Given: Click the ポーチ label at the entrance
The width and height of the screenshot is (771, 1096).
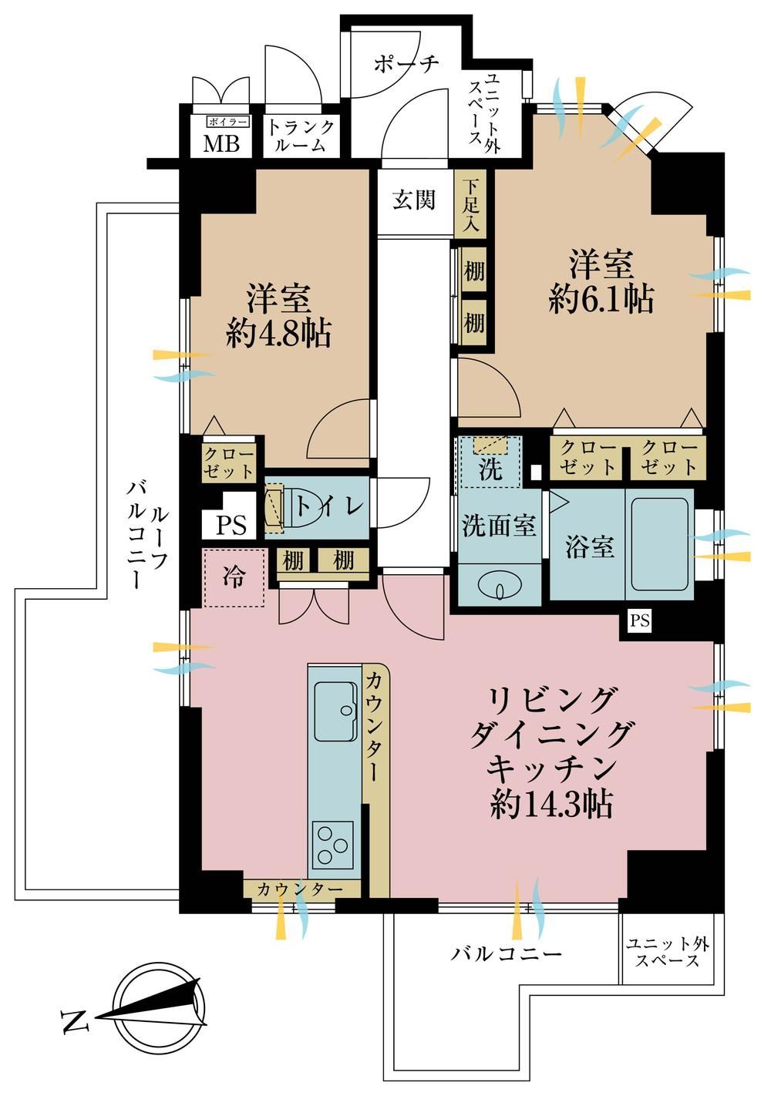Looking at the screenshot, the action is pos(406,64).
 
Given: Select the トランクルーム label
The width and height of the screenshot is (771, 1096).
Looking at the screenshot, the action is pos(301,136).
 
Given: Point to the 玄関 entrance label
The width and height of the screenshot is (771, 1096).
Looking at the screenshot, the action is pos(414,200).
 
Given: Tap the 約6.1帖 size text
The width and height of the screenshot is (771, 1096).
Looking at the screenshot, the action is pos(601,299).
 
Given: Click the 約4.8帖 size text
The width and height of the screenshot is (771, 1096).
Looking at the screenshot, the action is pos(278,333).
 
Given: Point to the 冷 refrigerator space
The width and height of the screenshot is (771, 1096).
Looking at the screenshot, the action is pos(234,578).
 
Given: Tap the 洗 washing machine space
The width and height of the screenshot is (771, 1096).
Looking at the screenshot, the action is pos(490,462).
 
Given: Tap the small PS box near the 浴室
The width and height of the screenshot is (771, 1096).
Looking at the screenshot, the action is pos(639,621).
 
